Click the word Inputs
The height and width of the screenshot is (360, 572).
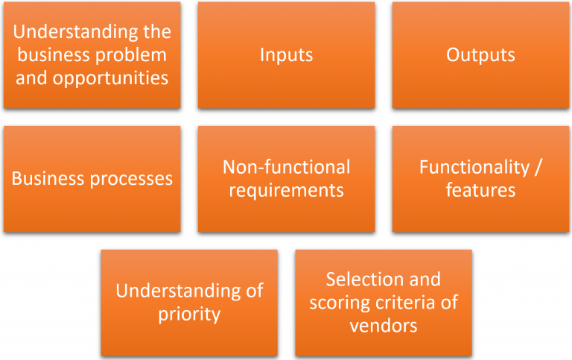click(x=286, y=55)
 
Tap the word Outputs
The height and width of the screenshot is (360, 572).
click(x=480, y=55)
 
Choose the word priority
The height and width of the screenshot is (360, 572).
click(x=189, y=314)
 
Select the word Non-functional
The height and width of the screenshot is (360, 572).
click(x=286, y=167)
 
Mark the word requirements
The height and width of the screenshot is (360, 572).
click(x=286, y=191)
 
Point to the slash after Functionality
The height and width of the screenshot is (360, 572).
click(x=538, y=167)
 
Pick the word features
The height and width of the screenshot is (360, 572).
click(x=480, y=190)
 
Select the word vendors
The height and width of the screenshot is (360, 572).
click(x=383, y=326)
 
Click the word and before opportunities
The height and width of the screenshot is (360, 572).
click(x=31, y=78)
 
